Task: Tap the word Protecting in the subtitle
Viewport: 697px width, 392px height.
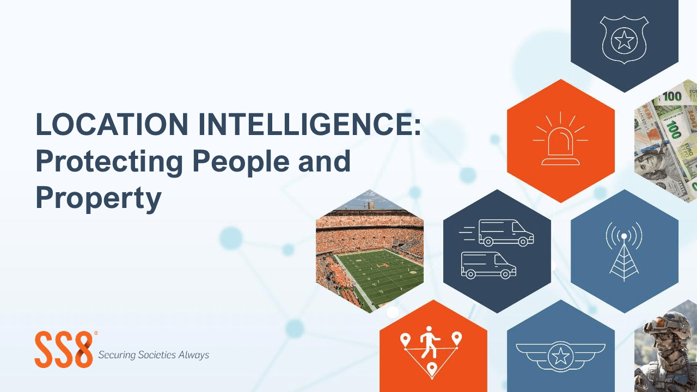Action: point(109,162)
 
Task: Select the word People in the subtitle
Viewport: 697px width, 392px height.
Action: point(241,162)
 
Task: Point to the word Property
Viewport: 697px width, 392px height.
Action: point(99,198)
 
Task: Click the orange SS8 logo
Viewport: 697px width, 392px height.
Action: point(64,350)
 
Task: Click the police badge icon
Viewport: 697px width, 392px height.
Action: point(624,40)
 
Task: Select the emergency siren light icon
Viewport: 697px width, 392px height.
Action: point(560,138)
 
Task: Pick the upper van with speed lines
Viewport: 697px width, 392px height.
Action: point(497,233)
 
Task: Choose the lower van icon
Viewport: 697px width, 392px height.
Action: point(488,265)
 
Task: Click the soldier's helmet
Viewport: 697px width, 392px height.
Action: point(666,323)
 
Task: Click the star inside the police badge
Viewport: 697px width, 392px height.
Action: point(624,41)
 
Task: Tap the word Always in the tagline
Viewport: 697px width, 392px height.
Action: point(193,355)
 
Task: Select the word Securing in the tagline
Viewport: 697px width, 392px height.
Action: point(117,355)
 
